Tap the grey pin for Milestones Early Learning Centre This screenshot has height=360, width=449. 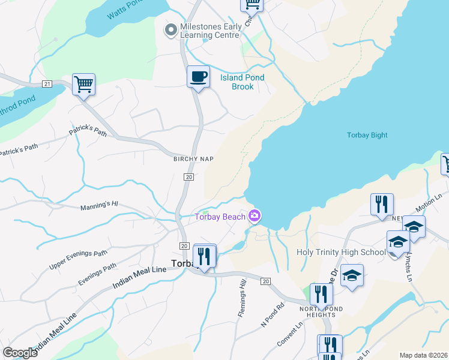tap(170, 29)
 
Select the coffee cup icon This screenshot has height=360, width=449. tap(198, 77)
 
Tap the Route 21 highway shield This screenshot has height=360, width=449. tap(47, 83)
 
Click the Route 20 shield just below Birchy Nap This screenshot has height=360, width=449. tap(188, 177)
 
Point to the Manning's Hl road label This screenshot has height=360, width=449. tap(100, 206)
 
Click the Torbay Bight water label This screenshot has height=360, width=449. tap(367, 135)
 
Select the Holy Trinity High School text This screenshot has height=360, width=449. tap(341, 253)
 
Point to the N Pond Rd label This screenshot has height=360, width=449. tap(272, 318)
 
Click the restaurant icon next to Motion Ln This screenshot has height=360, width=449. tap(382, 205)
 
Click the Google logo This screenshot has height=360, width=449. tap(20, 353)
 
